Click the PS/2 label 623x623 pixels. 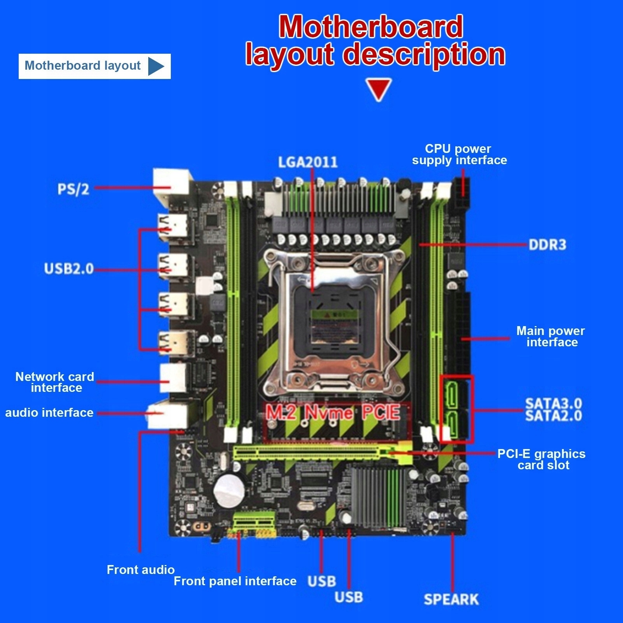click(73, 189)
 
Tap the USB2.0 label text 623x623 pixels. click(69, 269)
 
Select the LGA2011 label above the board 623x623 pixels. click(307, 162)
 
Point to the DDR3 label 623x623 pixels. click(547, 245)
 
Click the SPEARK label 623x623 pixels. click(451, 599)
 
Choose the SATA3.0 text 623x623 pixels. click(553, 404)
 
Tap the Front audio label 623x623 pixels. click(140, 570)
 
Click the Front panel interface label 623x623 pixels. click(235, 581)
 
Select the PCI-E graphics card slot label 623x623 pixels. click(541, 459)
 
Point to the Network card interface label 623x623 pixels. click(55, 382)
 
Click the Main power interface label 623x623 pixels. click(551, 337)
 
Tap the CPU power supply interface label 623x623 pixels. click(459, 154)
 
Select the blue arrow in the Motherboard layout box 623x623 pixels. click(156, 67)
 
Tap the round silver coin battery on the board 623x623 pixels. click(229, 491)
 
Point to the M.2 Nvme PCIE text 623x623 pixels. click(333, 412)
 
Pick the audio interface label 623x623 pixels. click(49, 412)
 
